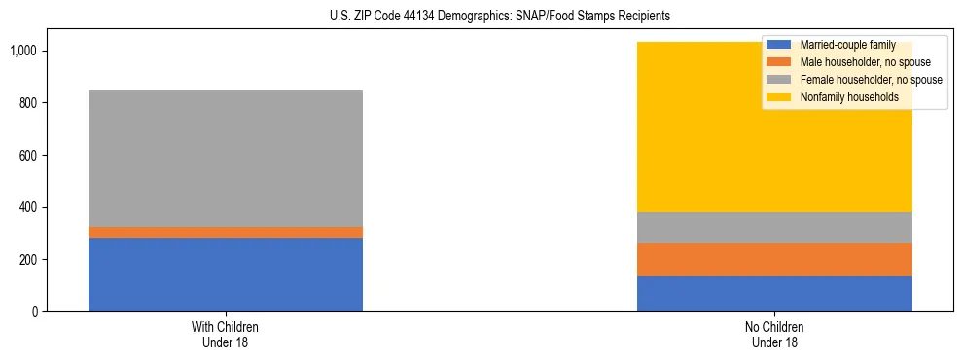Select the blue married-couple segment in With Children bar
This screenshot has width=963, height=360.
pyautogui.click(x=226, y=274)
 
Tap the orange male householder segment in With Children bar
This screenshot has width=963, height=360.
pyautogui.click(x=226, y=233)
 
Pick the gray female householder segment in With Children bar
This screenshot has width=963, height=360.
pyautogui.click(x=226, y=159)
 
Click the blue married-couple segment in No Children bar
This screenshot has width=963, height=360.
pyautogui.click(x=774, y=294)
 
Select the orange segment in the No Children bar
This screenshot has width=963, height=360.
pyautogui.click(x=774, y=260)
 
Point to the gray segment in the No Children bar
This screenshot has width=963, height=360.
pyautogui.click(x=774, y=228)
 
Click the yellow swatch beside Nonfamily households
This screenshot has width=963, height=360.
pyautogui.click(x=779, y=97)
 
